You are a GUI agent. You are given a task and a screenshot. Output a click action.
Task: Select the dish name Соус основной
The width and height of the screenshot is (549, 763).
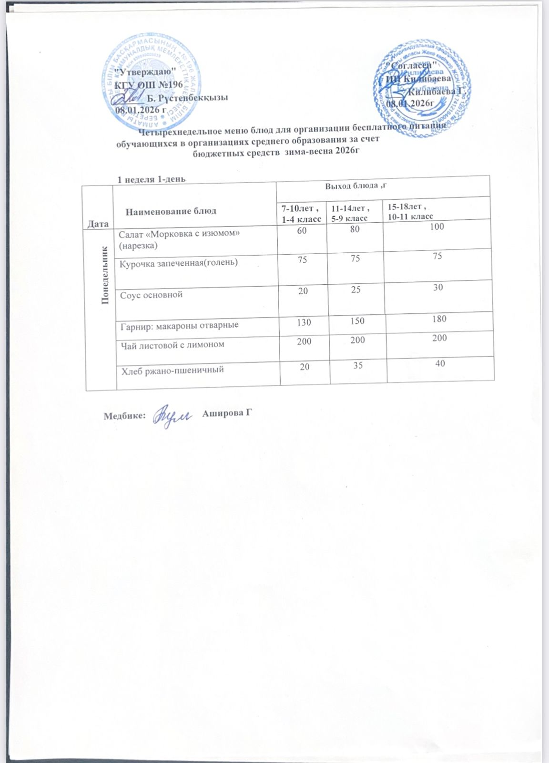[152, 295]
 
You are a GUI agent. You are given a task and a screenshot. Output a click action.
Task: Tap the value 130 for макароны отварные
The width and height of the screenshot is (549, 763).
[304, 322]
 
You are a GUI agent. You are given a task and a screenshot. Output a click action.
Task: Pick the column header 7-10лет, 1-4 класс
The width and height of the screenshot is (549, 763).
[300, 213]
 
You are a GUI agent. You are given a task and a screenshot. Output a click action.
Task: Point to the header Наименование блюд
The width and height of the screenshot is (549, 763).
[171, 211]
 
